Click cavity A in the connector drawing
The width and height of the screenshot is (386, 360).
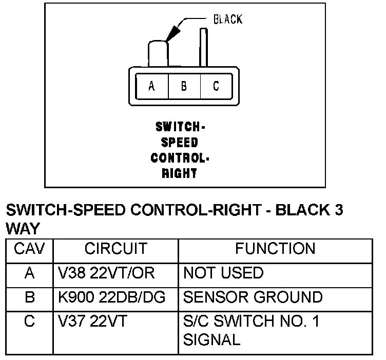tap(151, 86)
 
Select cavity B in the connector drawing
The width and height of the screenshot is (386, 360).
tap(184, 86)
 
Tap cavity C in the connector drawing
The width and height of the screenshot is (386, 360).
tap(216, 86)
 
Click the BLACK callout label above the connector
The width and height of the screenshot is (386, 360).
tap(227, 19)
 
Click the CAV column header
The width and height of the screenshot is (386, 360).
tap(29, 249)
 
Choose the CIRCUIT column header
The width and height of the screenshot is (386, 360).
tap(115, 249)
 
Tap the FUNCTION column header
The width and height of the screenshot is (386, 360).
tap(275, 249)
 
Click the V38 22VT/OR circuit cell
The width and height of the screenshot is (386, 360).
tap(106, 273)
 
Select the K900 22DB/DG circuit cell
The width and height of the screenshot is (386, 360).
tap(111, 297)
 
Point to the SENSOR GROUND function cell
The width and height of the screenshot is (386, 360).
tap(253, 297)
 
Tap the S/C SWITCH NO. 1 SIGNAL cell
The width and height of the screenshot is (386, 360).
tap(251, 330)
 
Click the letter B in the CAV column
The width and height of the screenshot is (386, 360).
tap(29, 297)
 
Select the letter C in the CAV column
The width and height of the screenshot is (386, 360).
tap(29, 322)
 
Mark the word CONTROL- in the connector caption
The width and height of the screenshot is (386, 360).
tap(180, 157)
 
